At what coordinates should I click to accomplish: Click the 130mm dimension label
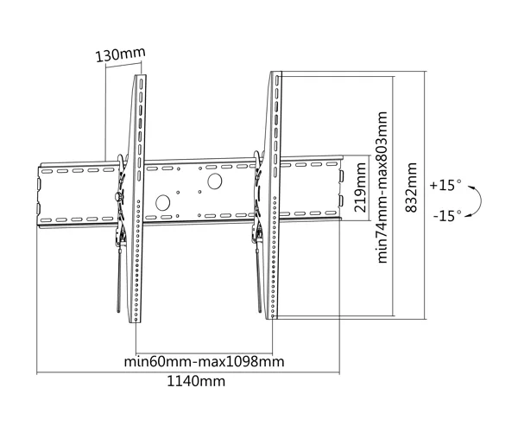tap(120, 54)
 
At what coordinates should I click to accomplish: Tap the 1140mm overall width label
tap(196, 381)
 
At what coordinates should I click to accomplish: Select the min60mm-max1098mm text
tap(204, 362)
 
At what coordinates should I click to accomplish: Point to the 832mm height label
tap(411, 187)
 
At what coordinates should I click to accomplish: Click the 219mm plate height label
tap(360, 187)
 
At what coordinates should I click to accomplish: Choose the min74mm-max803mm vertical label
tap(382, 187)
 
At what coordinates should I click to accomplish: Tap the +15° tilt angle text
tap(445, 185)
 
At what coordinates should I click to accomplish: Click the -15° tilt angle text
tap(447, 215)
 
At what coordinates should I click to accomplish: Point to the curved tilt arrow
tap(480, 201)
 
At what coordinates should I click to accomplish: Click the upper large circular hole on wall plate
tap(214, 181)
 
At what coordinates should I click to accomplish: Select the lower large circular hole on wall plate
tap(162, 203)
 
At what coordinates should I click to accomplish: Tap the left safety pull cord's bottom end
tap(119, 311)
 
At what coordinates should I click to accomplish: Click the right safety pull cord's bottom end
tap(260, 311)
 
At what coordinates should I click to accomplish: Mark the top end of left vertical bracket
tap(141, 76)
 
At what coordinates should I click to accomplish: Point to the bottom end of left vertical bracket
tap(136, 321)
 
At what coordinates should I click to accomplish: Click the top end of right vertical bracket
tap(276, 73)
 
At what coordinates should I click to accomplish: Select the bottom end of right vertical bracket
tap(272, 318)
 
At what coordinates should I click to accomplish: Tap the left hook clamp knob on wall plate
tap(118, 197)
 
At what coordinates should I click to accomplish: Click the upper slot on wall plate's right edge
tap(341, 175)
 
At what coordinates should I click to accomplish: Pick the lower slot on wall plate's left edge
tap(38, 209)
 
